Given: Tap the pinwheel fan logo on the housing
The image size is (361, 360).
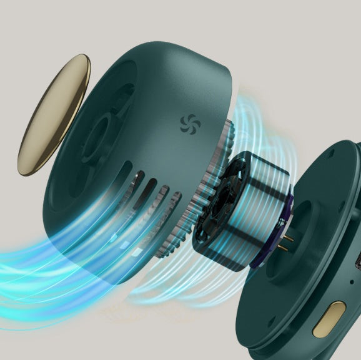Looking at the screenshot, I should click(187, 123).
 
